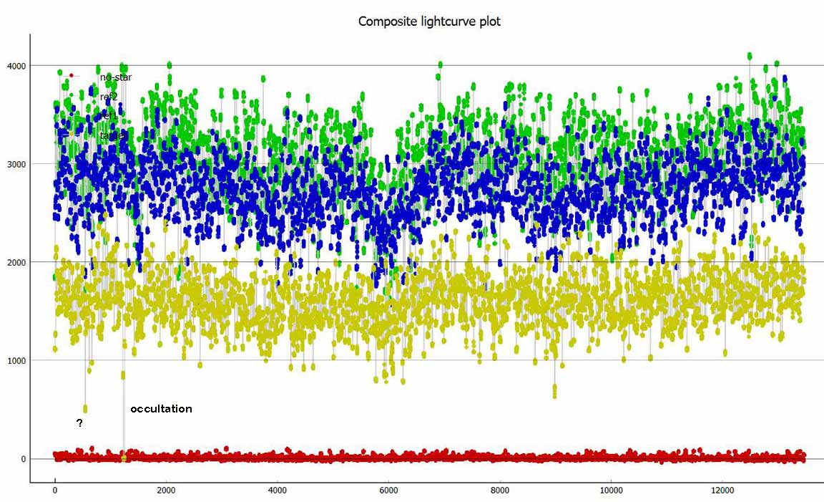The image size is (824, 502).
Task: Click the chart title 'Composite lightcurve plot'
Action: point(429,21)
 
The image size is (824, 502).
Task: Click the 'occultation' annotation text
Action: point(161,409)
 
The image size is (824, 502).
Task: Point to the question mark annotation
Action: point(79,423)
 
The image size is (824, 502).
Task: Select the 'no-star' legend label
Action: point(116,77)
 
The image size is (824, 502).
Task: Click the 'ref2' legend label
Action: point(109,96)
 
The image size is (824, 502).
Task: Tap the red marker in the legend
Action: point(71,75)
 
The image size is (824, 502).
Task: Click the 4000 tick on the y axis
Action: point(16,66)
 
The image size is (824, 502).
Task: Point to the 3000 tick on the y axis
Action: point(16,164)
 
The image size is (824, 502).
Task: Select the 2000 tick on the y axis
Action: point(16,262)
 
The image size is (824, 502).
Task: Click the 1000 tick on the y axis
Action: point(16,360)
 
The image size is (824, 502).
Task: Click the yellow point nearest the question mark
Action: point(85,409)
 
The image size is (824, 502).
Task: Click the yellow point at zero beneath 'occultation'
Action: point(124,458)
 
